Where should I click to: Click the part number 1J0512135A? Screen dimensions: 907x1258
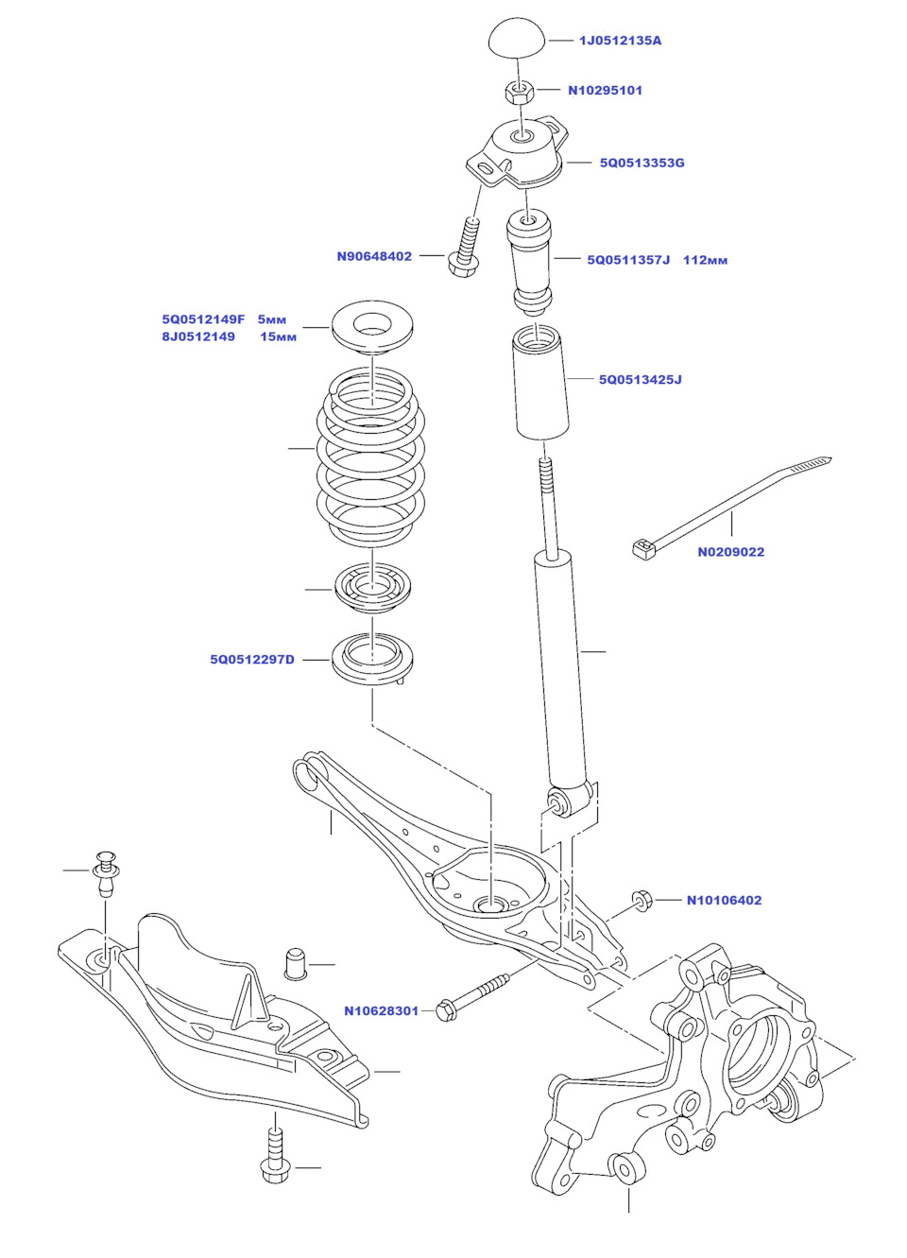[620, 41]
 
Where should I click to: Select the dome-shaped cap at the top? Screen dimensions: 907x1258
[518, 39]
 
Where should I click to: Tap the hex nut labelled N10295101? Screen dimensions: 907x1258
[521, 91]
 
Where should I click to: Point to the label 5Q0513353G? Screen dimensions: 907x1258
[642, 163]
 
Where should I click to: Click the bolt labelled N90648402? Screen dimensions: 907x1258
[467, 247]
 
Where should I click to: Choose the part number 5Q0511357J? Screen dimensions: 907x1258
[628, 260]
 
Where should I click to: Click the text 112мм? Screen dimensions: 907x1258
[705, 260]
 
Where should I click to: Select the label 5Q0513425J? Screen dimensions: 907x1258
[641, 379]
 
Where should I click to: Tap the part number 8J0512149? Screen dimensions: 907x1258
[198, 337]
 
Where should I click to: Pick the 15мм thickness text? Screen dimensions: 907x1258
[279, 337]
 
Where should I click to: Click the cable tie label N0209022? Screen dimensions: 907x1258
[730, 552]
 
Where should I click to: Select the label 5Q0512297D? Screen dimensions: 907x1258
[252, 660]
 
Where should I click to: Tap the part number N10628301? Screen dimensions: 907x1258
[382, 1011]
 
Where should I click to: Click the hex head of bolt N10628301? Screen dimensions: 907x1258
[445, 1011]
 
